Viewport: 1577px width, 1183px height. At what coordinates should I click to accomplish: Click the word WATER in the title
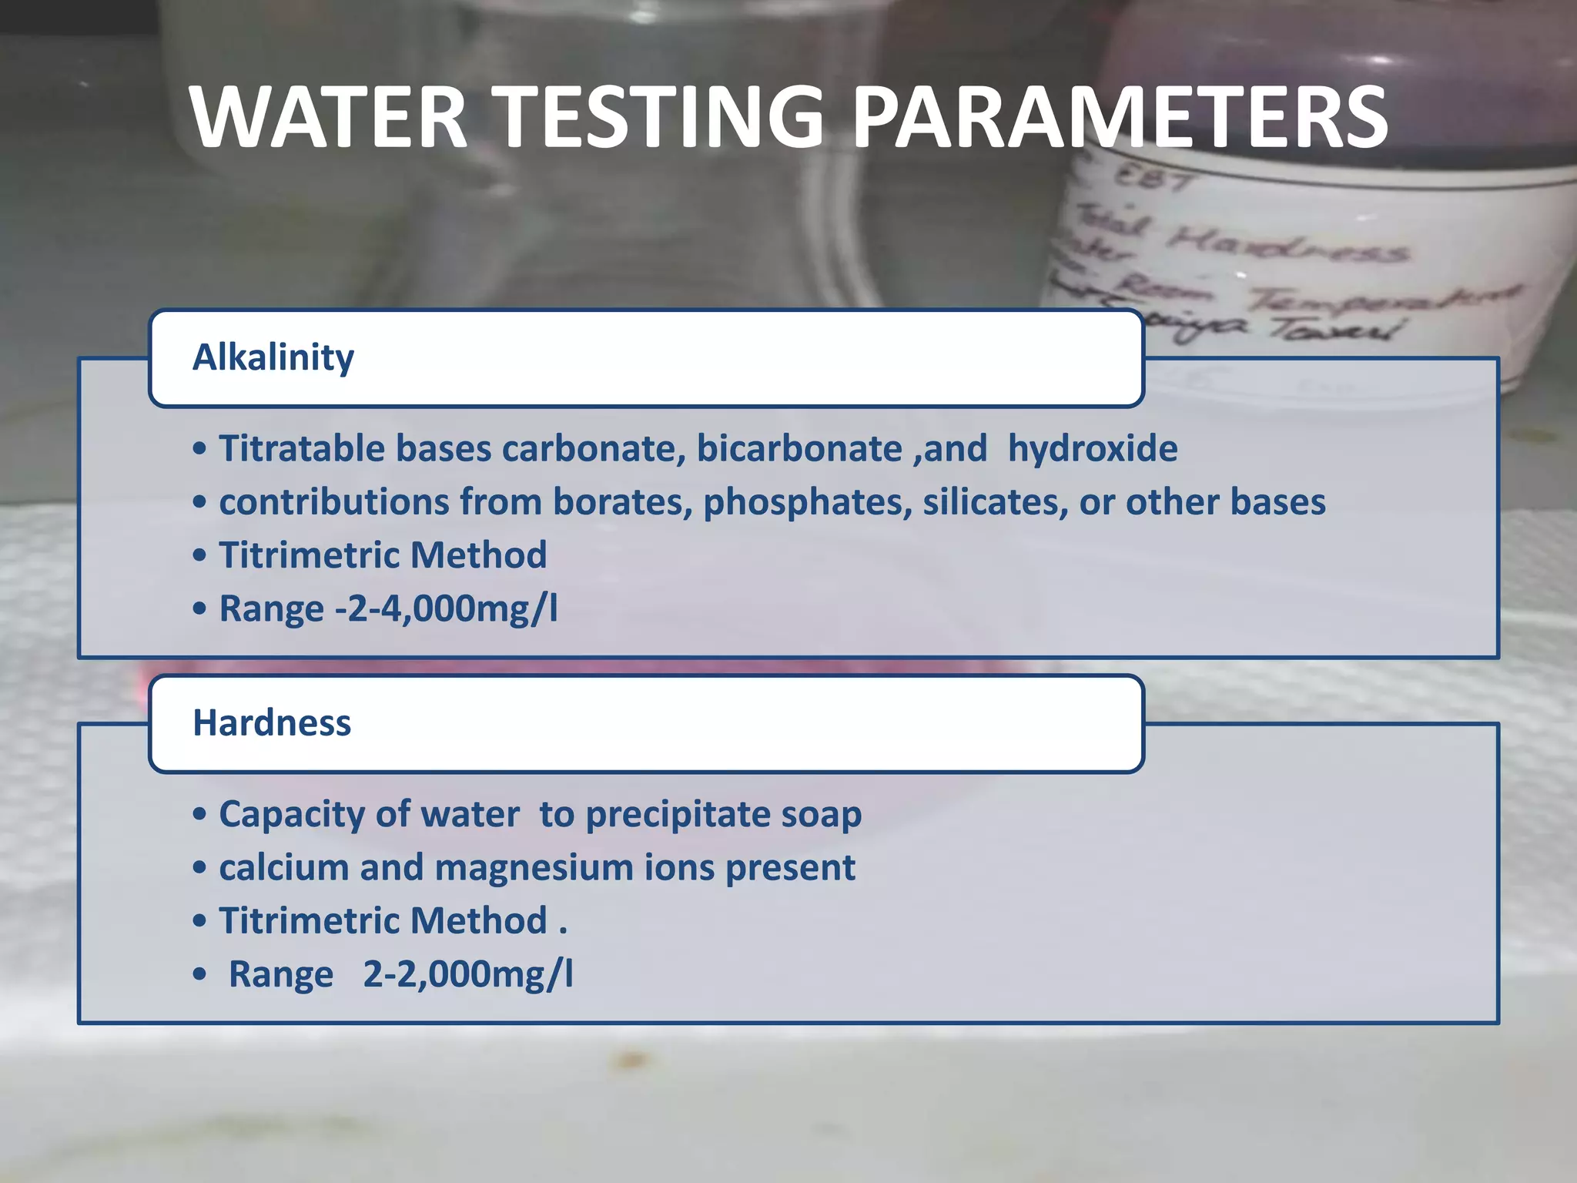point(329,117)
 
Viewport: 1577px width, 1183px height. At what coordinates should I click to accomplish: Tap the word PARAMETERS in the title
point(1120,117)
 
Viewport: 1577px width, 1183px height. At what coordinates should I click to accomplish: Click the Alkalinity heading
point(273,357)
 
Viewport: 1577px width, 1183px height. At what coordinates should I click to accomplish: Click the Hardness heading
point(272,723)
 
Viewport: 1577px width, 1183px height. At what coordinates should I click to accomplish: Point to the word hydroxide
point(1093,449)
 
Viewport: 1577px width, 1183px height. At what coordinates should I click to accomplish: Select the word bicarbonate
point(799,449)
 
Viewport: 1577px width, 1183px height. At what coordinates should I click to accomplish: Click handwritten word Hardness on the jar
point(1286,245)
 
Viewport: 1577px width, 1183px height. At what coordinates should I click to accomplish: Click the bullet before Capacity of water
point(200,815)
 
